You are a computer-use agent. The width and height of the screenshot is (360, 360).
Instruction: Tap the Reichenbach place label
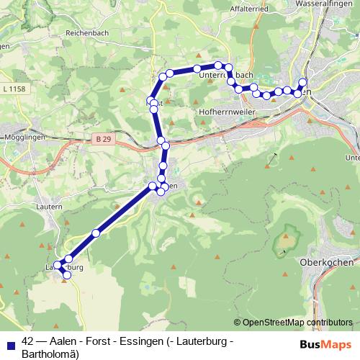coord(87,34)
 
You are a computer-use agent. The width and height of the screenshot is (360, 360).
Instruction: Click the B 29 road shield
coord(104,137)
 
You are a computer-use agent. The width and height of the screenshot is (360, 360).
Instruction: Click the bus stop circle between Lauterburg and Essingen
coord(96,233)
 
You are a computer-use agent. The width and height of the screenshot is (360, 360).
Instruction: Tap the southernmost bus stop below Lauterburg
coord(66,275)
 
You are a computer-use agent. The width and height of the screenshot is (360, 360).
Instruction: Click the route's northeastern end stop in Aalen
coord(303,82)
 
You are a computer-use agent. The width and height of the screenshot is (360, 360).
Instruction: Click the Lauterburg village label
coord(65,266)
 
